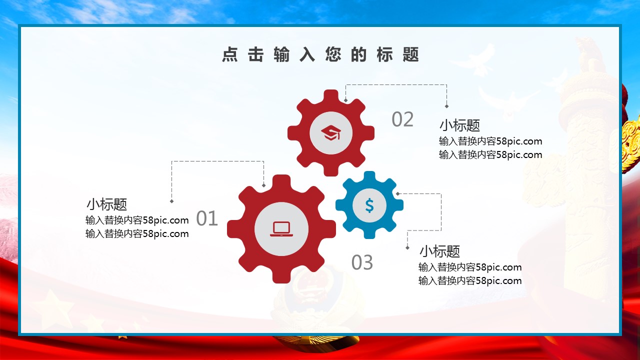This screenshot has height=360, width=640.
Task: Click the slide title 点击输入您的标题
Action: (320, 54)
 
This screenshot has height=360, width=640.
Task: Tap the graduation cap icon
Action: (331, 133)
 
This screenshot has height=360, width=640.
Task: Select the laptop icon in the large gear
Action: (281, 229)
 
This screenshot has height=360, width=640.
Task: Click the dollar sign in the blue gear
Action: (369, 205)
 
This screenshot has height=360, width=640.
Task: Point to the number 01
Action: (207, 218)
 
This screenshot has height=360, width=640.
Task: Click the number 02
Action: (402, 119)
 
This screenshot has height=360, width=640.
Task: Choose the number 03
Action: (362, 262)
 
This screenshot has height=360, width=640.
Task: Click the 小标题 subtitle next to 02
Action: (459, 125)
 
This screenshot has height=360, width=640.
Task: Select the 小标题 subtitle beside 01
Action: (107, 204)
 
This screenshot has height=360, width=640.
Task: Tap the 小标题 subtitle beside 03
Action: (439, 251)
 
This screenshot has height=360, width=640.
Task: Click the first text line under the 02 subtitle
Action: (490, 141)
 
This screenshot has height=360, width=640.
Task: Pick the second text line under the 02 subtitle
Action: (490, 154)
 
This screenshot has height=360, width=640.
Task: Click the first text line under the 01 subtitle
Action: (137, 220)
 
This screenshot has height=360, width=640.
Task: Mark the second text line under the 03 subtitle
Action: (470, 280)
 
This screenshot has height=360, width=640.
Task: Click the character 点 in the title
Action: (230, 54)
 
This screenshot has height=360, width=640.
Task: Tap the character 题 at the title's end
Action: (411, 54)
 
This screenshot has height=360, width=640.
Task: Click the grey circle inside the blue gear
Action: (369, 205)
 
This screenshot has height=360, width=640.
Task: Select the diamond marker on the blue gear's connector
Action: (397, 193)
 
